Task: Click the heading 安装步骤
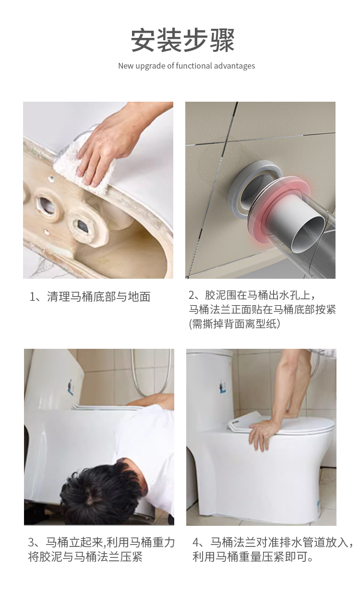183,40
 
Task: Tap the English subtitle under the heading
187,66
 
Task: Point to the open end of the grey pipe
308,233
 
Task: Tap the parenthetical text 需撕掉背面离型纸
235,323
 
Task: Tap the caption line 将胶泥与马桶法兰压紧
85,557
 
